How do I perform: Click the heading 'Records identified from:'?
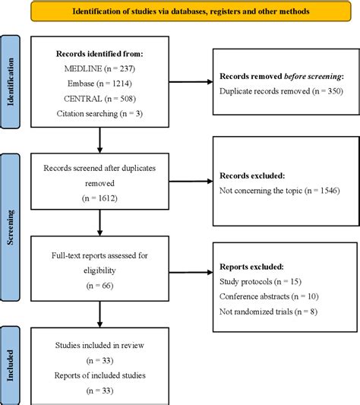(99, 53)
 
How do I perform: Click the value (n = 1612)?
(99, 200)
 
